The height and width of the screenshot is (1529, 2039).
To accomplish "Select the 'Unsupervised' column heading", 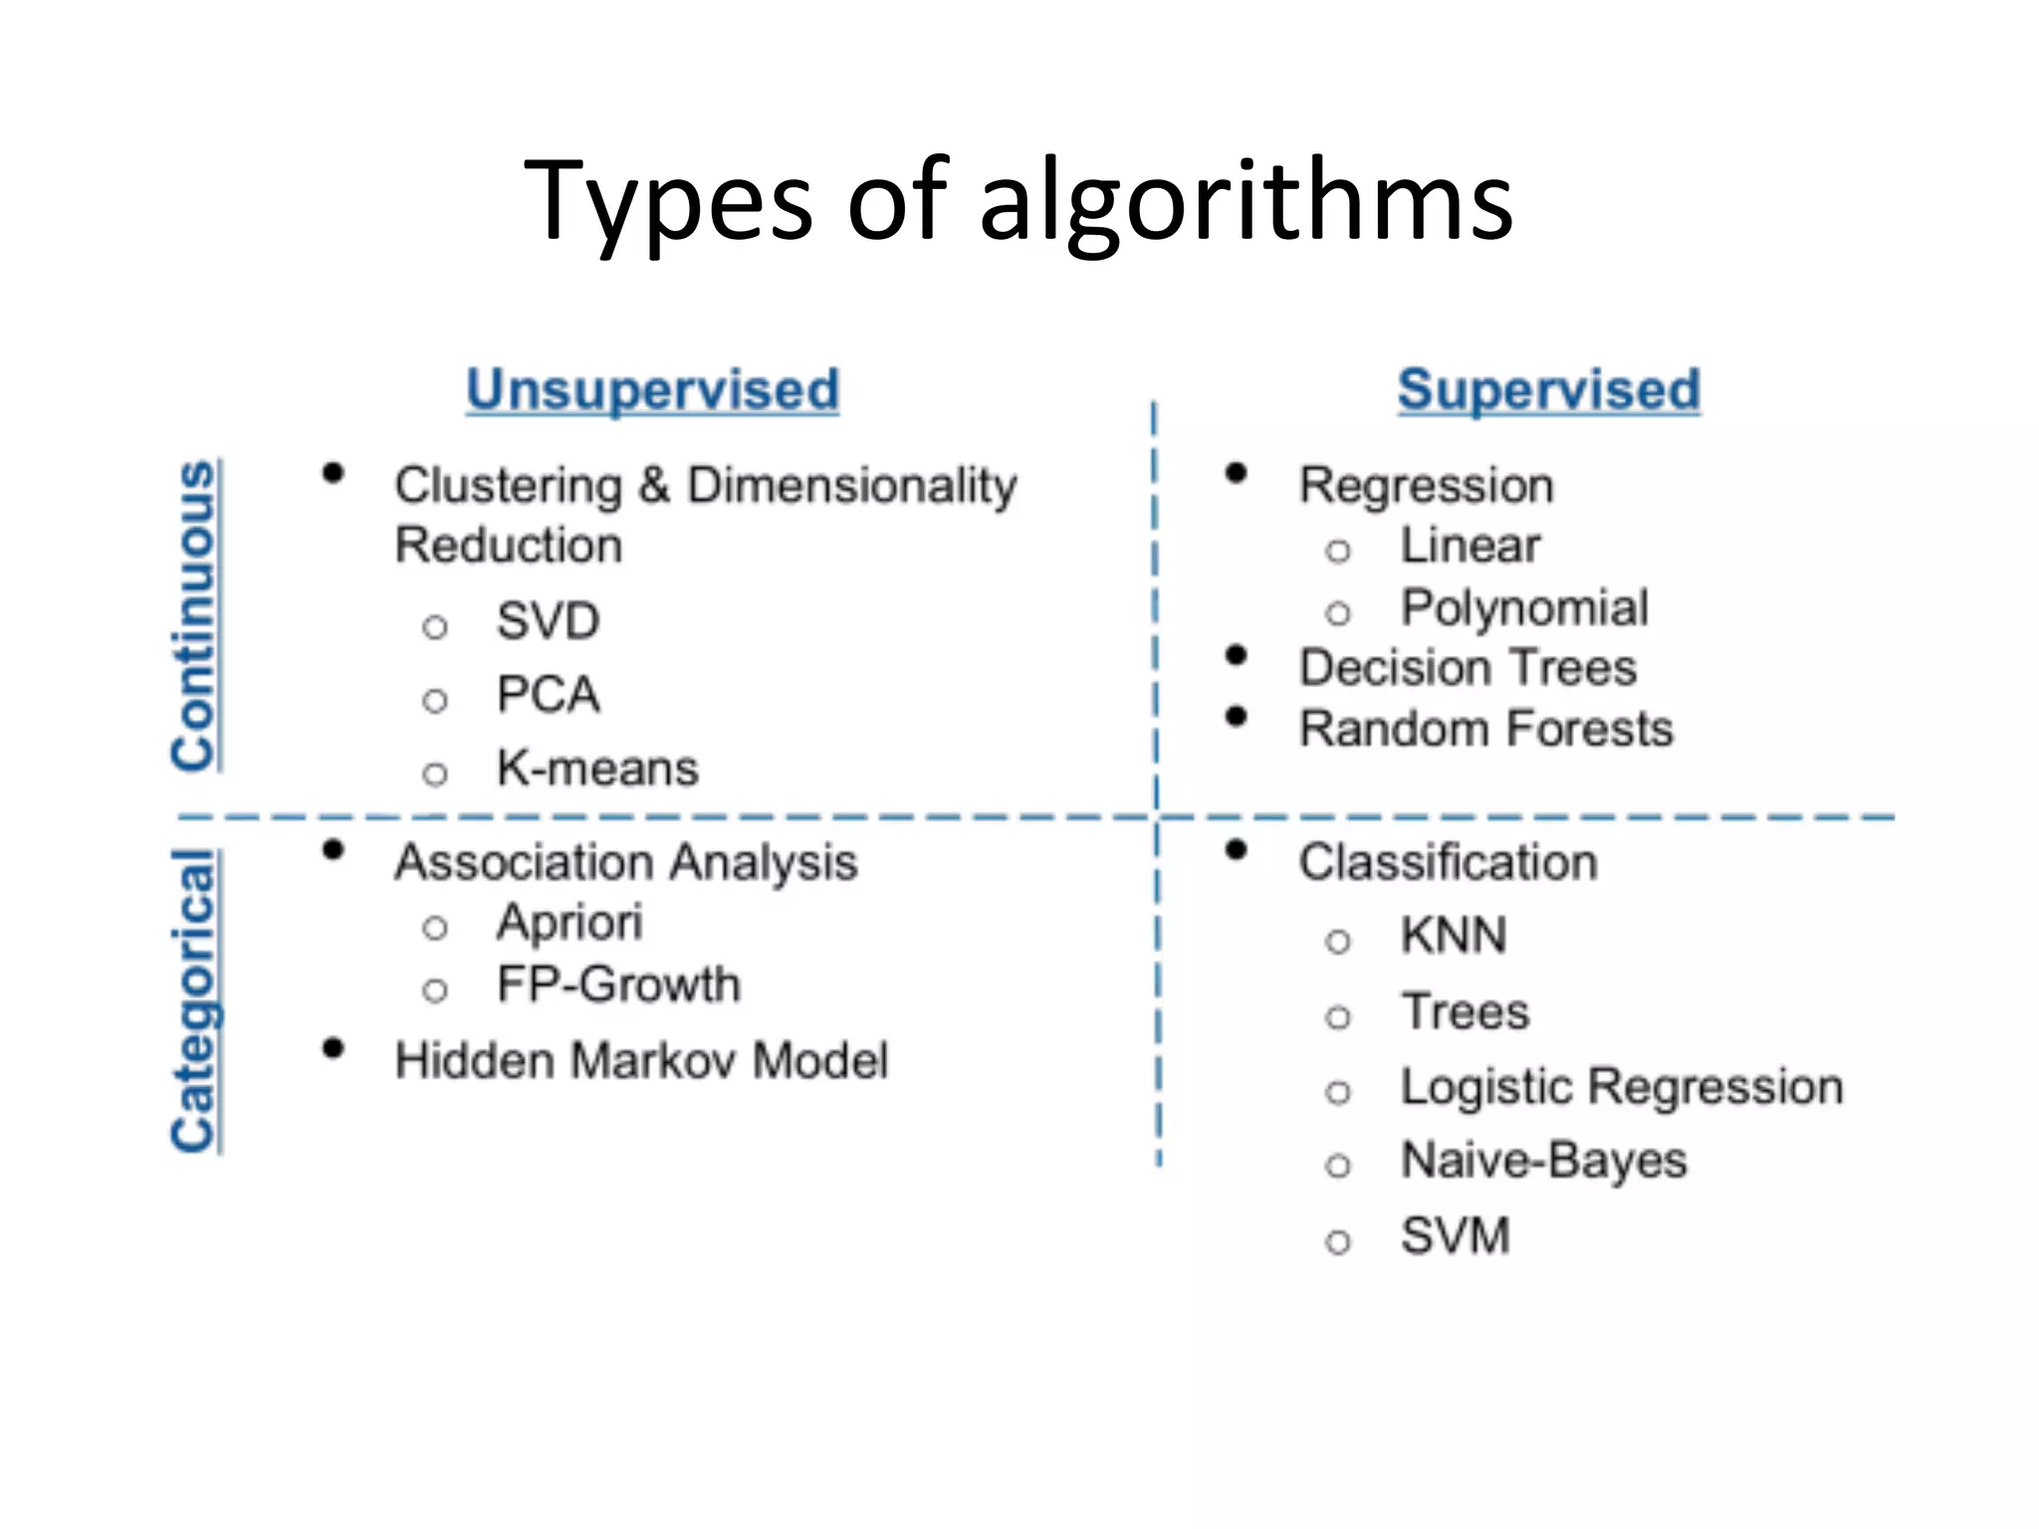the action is click(x=653, y=389).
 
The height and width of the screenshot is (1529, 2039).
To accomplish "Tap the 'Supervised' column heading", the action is click(x=1548, y=389).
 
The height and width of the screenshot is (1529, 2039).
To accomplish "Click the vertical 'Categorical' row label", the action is click(x=195, y=1000).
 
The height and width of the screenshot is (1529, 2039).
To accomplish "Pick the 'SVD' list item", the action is click(x=548, y=621).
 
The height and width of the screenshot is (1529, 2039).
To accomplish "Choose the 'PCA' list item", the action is click(x=548, y=695).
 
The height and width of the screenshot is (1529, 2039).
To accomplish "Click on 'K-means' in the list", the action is click(x=597, y=768).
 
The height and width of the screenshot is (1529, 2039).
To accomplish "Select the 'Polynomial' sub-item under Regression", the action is click(x=1524, y=607).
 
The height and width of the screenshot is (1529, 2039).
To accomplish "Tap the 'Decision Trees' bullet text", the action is click(x=1468, y=667).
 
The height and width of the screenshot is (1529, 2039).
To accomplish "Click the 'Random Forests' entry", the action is click(x=1486, y=729).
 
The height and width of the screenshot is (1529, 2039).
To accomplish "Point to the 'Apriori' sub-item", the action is click(x=569, y=922).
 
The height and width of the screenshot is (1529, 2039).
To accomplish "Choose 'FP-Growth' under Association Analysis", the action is click(x=618, y=984).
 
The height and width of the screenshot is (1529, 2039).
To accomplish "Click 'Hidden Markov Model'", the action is click(x=641, y=1060).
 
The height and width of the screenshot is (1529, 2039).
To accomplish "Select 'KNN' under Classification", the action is click(x=1454, y=936).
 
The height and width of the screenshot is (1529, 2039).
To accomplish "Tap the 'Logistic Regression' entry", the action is click(x=1622, y=1086).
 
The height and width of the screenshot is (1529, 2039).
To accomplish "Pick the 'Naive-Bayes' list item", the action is click(x=1543, y=1161).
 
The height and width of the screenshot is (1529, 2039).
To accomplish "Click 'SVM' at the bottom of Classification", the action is click(x=1455, y=1236).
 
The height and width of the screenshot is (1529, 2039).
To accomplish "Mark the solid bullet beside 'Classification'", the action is click(x=1237, y=850).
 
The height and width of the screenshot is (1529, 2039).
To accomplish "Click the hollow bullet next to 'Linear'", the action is click(x=1338, y=550).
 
